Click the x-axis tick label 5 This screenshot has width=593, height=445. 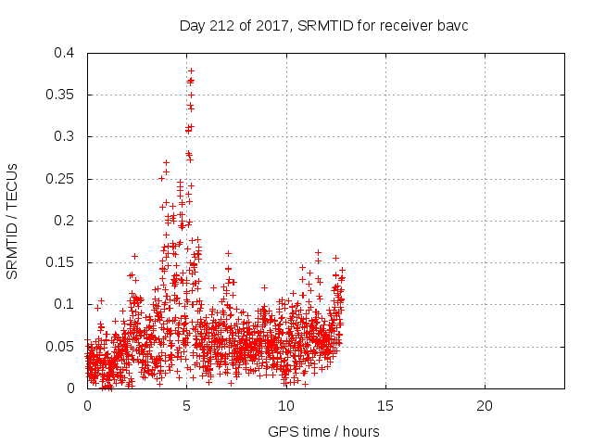coord(187,406)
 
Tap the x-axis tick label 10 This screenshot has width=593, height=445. coord(286,406)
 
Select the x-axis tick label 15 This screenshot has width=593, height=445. coord(385,406)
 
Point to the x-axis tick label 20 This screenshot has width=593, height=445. coord(485,406)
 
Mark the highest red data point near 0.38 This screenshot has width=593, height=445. coord(191,70)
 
